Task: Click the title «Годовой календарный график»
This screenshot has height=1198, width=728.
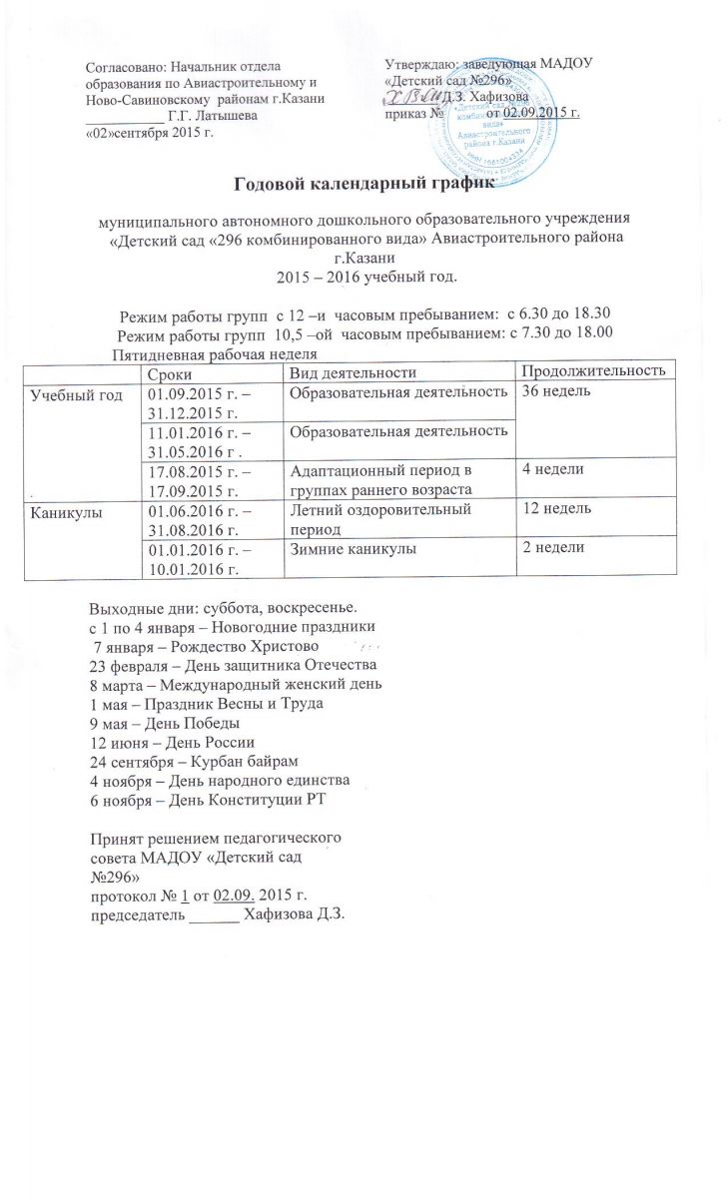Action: coord(364,184)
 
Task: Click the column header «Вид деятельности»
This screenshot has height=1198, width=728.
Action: coord(349,371)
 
